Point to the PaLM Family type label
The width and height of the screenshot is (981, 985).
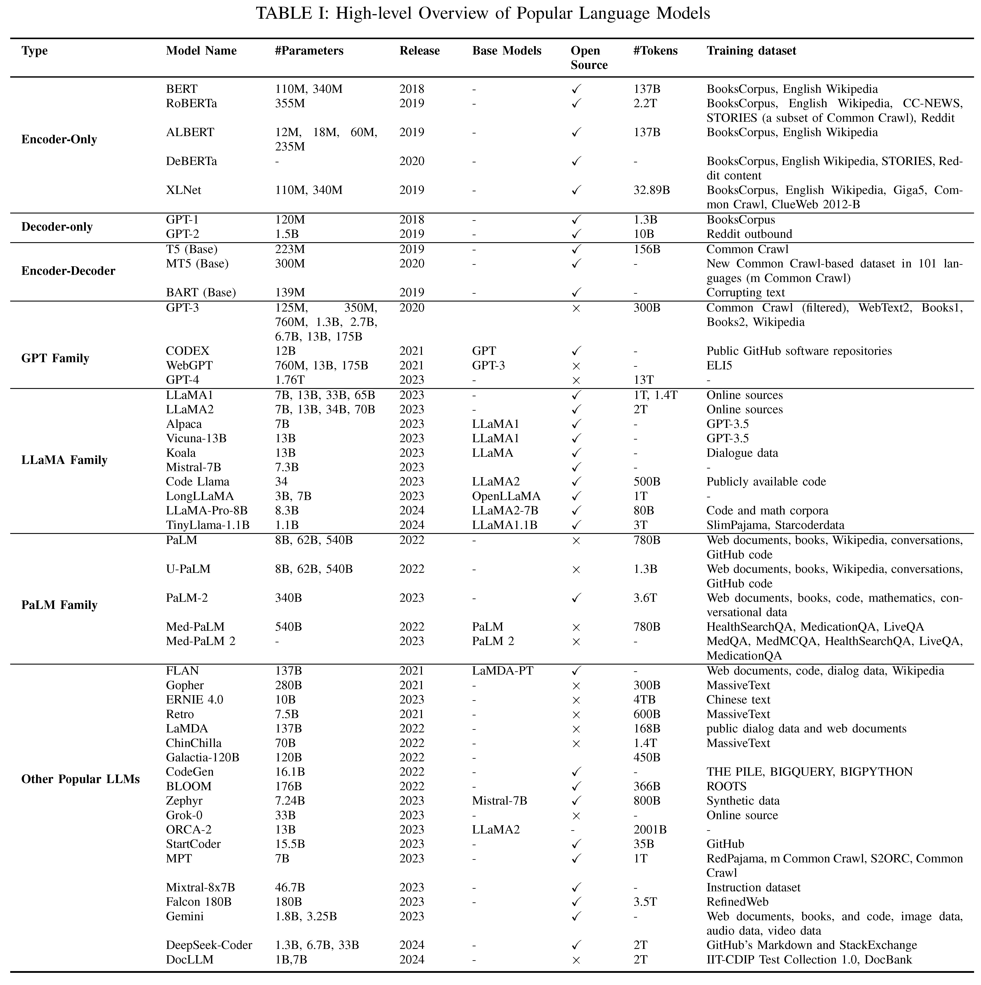59,605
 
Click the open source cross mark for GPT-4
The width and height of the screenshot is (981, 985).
576,380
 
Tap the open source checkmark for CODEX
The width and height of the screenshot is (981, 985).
576,351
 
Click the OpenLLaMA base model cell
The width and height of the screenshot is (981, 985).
506,496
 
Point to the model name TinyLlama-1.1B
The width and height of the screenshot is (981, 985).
207,525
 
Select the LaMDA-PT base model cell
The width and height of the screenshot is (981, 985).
503,671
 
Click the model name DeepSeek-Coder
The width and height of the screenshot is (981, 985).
209,945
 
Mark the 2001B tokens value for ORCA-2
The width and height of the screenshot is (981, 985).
650,830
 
